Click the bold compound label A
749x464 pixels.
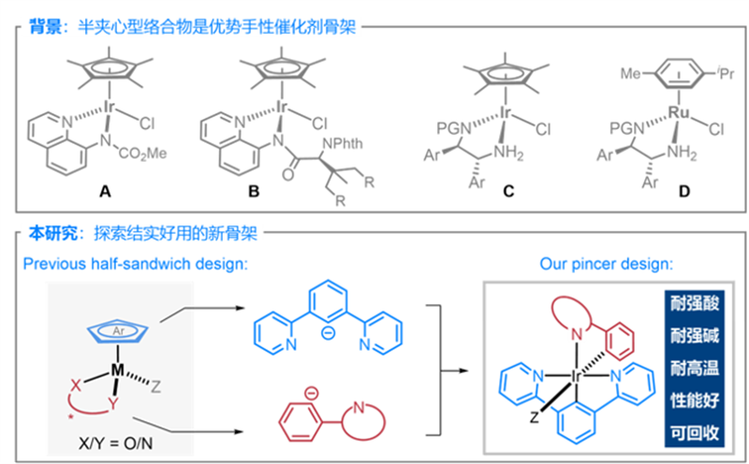tap(105, 193)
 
